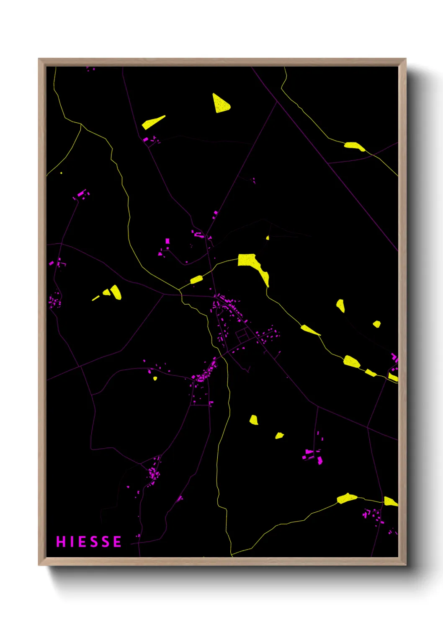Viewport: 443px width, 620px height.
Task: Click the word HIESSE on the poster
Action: pos(89,542)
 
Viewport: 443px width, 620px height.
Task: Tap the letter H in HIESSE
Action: pos(61,542)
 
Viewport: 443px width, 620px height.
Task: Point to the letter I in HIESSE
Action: pos(72,542)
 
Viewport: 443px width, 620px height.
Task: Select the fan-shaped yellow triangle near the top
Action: pos(220,104)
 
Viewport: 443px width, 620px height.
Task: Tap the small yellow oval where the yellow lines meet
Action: pos(196,279)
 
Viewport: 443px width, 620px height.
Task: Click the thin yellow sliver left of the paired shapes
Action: pos(96,298)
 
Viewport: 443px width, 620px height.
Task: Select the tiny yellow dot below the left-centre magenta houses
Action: pos(155,378)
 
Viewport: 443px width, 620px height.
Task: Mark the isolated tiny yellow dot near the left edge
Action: pos(61,173)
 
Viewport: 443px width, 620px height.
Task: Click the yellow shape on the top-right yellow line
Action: pos(354,146)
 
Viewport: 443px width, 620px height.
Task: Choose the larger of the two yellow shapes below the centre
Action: pos(254,420)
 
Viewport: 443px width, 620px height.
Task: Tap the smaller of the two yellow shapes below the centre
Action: pos(279,436)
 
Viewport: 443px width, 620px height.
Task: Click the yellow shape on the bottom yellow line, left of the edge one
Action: pos(347,498)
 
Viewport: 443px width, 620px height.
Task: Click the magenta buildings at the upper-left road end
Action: pos(81,194)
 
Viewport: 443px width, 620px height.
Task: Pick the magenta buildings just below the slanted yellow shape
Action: pos(151,139)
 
